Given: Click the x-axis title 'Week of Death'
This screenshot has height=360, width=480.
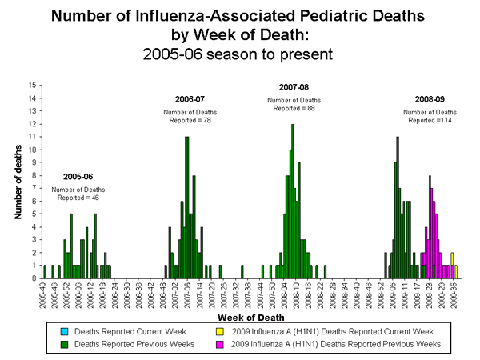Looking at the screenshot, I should [250, 318].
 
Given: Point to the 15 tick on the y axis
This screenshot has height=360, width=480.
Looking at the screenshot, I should [33, 85].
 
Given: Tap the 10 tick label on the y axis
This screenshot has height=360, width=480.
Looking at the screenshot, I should [33, 150].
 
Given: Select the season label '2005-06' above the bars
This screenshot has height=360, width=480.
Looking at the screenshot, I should [78, 176].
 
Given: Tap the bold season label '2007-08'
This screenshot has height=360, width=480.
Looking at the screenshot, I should [294, 86].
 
